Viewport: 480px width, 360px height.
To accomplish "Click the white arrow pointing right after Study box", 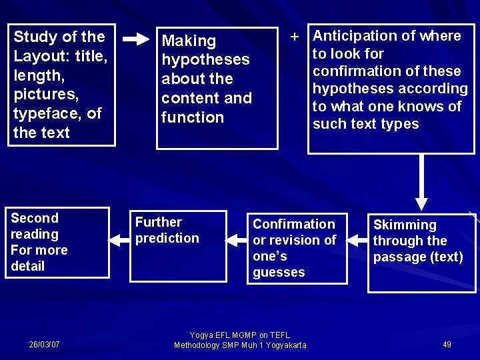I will [136, 40].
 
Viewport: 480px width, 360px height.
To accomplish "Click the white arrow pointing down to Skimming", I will [421, 184].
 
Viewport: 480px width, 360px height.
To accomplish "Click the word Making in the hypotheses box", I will [189, 41].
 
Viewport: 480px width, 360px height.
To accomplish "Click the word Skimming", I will [405, 225].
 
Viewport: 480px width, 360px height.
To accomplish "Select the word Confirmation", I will [294, 224].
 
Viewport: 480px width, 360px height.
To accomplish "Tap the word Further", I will [159, 222].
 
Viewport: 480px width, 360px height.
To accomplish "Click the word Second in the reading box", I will [35, 218].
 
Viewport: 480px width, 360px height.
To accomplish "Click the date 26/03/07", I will [44, 345].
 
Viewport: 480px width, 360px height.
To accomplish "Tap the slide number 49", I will [447, 345].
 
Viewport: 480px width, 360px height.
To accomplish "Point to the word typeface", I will [47, 113].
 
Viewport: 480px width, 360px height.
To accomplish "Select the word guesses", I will [279, 273].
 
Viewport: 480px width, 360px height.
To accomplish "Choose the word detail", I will [28, 267].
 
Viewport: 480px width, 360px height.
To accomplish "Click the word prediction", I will [167, 238].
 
